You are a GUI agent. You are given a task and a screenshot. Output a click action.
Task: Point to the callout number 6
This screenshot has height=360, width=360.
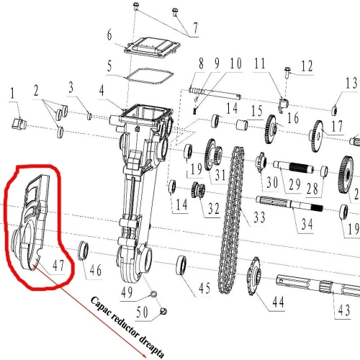click(x=110, y=36)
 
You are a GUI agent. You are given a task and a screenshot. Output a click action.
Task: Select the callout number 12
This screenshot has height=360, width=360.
click(x=307, y=68)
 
